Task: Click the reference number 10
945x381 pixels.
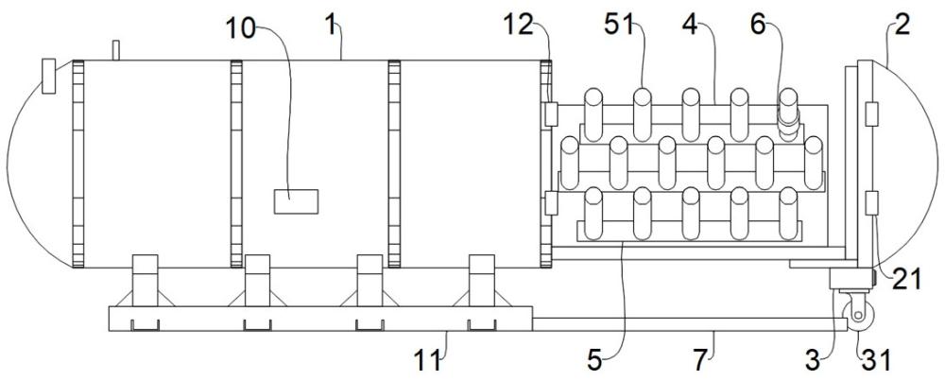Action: tap(240, 28)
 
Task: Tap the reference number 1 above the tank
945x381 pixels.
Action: tap(330, 26)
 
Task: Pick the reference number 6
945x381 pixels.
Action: tap(758, 26)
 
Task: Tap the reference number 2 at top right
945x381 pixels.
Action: tap(902, 26)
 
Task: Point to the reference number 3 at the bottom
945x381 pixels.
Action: tap(813, 360)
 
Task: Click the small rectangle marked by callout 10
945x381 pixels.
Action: tap(296, 201)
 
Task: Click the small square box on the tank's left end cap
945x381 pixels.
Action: tap(48, 76)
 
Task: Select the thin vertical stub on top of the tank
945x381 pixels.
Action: tap(115, 50)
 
